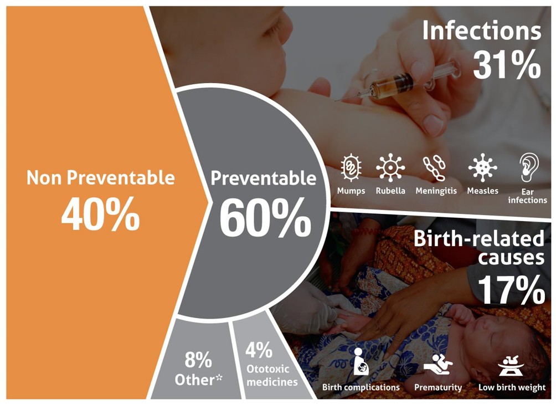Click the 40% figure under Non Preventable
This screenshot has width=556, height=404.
pos(101,214)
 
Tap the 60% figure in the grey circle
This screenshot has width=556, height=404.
pos(266,218)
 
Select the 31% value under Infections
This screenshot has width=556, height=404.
pos(507,64)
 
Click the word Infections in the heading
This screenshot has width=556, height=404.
pos(482,30)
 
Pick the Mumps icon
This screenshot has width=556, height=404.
pos(351,167)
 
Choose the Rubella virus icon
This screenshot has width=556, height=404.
pos(390,167)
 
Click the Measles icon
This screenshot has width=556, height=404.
pos(482,167)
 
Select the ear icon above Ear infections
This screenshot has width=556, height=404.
pos(529,167)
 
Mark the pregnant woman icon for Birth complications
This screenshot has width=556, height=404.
pos(361,361)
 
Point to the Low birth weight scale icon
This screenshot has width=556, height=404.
pos(511,365)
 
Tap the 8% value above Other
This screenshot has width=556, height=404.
pos(198,360)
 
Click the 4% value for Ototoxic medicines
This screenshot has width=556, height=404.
pos(259,350)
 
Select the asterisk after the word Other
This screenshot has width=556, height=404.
pos(219,377)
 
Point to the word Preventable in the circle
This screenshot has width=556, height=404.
pos(264,178)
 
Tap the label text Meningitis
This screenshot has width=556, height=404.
pos(436,191)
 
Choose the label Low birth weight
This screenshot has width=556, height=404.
pos(512,387)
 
